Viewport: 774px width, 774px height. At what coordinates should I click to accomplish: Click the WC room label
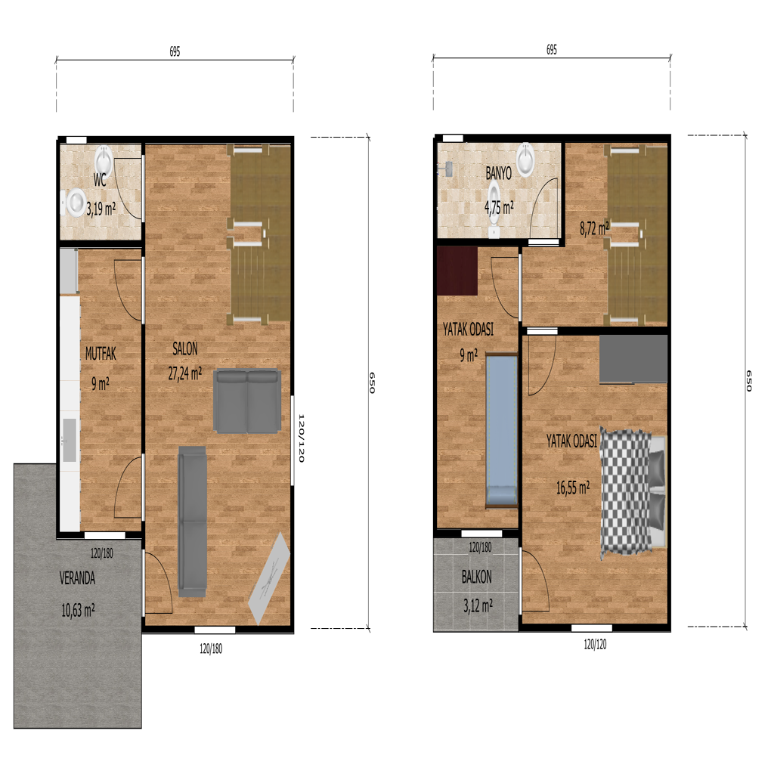[x=100, y=180]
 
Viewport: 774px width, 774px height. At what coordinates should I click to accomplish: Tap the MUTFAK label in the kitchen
[x=101, y=354]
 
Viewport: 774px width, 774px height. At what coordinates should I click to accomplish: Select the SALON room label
[x=185, y=349]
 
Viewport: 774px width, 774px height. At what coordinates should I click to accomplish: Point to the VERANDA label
[x=77, y=578]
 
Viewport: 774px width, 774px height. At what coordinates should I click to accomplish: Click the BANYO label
[x=499, y=173]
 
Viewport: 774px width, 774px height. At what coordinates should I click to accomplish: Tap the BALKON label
[x=476, y=577]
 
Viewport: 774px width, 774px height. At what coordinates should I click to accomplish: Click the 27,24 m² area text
[x=185, y=373]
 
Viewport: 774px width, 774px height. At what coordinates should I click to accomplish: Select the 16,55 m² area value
[x=573, y=488]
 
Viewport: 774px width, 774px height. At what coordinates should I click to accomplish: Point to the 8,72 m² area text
[x=594, y=228]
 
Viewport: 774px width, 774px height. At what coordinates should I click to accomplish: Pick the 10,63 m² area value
[x=78, y=611]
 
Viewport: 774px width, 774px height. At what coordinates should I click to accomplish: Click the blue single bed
[x=502, y=430]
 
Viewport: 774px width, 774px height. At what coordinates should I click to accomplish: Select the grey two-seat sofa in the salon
[x=247, y=402]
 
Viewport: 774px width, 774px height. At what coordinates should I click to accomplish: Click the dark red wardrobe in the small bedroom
[x=457, y=271]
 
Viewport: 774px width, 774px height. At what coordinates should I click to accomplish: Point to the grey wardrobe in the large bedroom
[x=633, y=359]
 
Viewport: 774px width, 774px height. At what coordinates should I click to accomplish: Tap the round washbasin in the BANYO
[x=526, y=160]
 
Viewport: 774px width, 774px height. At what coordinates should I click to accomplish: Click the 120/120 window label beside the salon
[x=301, y=438]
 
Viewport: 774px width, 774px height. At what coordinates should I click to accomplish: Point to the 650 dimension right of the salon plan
[x=372, y=382]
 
